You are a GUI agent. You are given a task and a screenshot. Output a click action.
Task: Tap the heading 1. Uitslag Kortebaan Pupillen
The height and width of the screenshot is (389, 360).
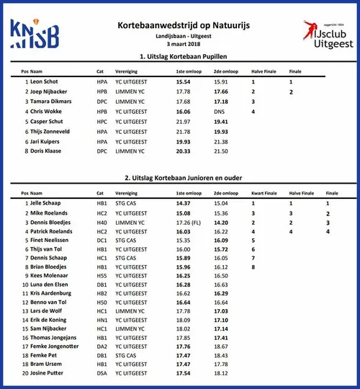[x=181, y=56]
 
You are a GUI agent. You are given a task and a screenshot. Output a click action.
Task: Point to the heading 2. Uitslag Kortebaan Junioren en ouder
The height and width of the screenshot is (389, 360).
[x=181, y=178]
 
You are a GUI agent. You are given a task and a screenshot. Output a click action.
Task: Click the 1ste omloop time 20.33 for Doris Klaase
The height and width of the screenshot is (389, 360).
[x=184, y=151]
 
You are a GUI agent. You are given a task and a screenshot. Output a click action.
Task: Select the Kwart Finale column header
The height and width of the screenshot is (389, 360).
[x=264, y=193]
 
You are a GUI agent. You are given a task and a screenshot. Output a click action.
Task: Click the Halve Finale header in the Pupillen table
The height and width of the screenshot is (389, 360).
[x=263, y=71]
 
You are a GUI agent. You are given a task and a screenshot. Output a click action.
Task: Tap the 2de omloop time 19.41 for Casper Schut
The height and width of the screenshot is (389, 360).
[x=220, y=122]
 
